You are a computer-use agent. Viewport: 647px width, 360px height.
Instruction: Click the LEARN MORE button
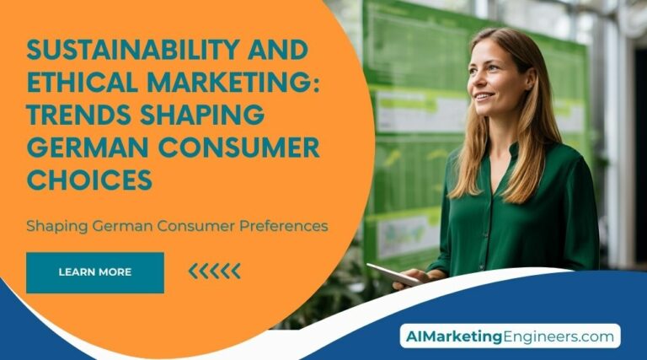[94, 272]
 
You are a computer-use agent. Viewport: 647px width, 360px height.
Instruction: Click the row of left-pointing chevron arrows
[214, 271]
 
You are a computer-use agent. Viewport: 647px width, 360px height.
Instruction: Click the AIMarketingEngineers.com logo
[509, 336]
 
